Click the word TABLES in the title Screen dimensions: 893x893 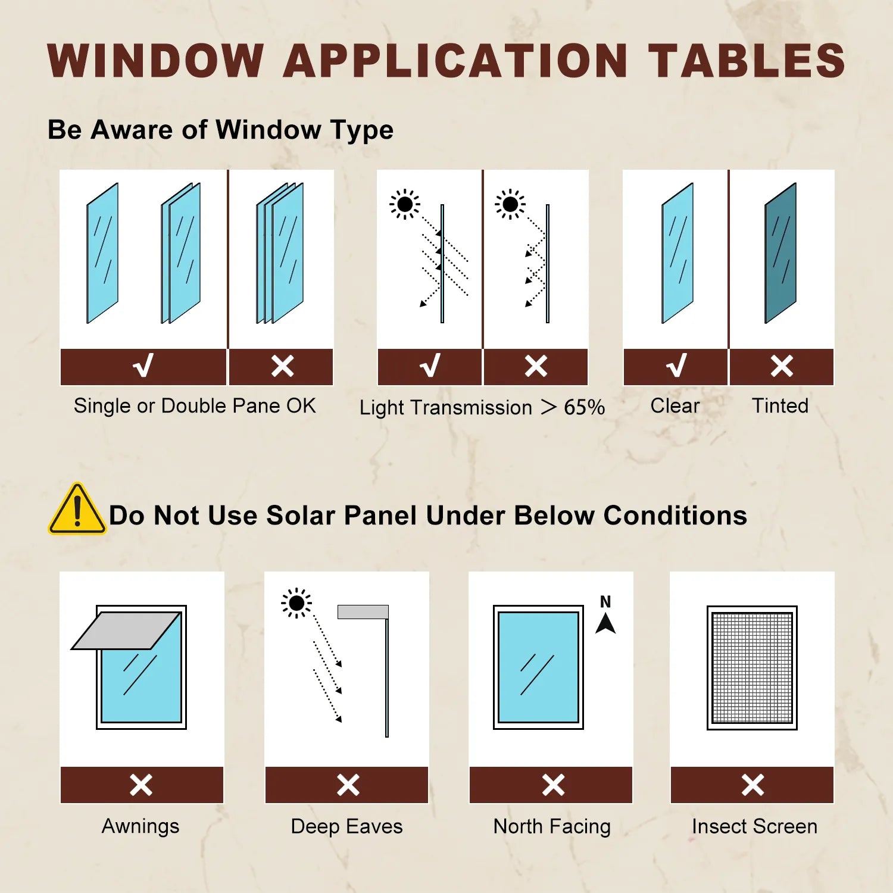[747, 60]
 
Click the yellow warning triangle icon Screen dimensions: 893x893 [77, 509]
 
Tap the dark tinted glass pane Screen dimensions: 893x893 [780, 253]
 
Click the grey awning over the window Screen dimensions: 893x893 [126, 630]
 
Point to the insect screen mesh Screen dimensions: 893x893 [752, 668]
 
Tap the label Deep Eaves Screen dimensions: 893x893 [346, 826]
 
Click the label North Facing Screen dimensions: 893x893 [552, 826]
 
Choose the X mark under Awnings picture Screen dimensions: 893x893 [141, 785]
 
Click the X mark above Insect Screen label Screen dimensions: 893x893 [753, 785]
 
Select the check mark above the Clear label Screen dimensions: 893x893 [676, 366]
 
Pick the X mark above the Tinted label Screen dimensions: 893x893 [782, 366]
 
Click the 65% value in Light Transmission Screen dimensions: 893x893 [584, 407]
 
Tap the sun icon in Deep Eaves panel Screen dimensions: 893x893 [296, 604]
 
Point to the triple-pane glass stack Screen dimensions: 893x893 [280, 253]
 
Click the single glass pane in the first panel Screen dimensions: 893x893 [102, 253]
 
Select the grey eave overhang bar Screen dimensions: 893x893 [363, 612]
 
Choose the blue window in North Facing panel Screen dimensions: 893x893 [538, 667]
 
